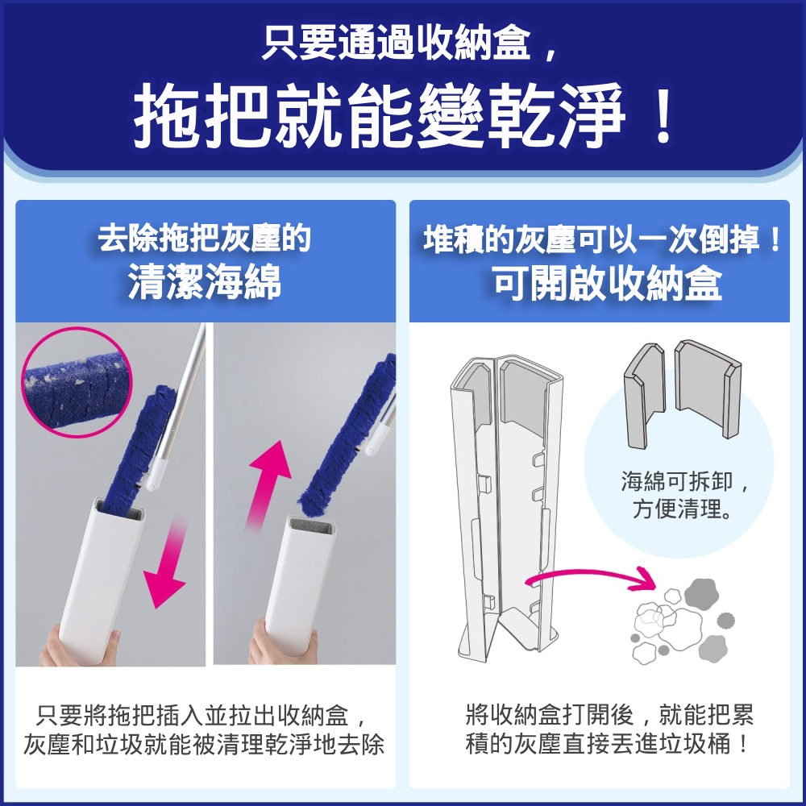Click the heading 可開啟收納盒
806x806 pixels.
pyautogui.click(x=608, y=283)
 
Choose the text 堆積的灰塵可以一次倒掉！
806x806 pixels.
pyautogui.click(x=602, y=239)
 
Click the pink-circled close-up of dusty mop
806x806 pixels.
pyautogui.click(x=77, y=382)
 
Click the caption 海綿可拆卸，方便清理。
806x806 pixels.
pyautogui.click(x=683, y=495)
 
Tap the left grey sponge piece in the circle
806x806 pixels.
pyautogui.click(x=645, y=396)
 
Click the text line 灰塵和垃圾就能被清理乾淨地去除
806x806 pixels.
pyautogui.click(x=204, y=745)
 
